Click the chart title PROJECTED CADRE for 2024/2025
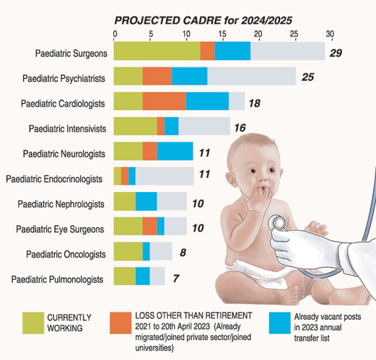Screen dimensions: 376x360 tap(203, 21)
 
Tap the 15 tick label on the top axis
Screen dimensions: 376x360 tap(222, 34)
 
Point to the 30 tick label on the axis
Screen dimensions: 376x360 tap(330, 34)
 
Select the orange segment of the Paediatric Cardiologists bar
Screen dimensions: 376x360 tap(164, 101)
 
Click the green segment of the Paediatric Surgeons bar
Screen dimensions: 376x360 tap(157, 51)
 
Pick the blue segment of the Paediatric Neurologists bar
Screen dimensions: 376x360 tap(175, 151)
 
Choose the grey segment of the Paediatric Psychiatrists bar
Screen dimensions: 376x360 tap(251, 76)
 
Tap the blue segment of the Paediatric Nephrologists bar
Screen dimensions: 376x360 tap(146, 201)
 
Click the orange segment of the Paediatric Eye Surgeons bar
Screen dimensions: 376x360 tap(150, 226)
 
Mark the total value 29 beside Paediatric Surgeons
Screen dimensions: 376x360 tap(336, 53)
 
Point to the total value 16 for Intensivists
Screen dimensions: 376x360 tap(240, 128)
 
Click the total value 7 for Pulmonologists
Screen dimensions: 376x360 tap(176, 278)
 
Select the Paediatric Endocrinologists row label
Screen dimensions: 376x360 tap(54, 179)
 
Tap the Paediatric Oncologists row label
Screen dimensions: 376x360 tap(66, 255)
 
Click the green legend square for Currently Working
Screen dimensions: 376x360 tap(33, 323)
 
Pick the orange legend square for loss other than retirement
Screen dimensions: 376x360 tap(120, 323)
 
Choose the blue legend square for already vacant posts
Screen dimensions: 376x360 tap(279, 323)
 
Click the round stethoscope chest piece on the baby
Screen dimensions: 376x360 tap(278, 223)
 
